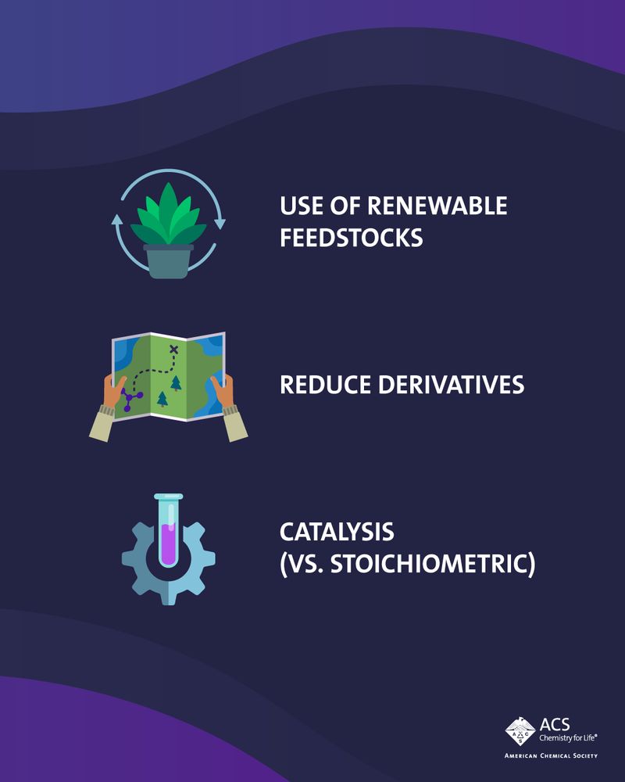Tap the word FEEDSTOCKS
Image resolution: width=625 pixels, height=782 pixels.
tap(352, 237)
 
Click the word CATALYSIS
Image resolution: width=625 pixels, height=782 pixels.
tap(337, 533)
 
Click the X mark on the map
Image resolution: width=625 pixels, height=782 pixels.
tap(173, 349)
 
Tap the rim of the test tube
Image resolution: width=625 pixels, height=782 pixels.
tap(168, 497)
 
